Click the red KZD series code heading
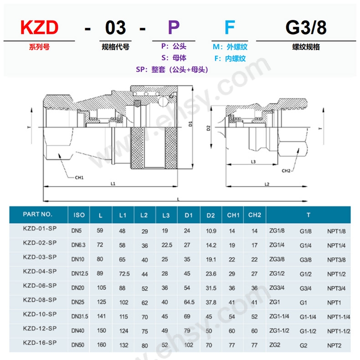39,28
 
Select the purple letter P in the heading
174,28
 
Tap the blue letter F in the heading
230,28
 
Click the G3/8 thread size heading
306,28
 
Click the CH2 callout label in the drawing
286,171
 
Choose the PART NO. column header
38,214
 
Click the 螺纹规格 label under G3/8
306,47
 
